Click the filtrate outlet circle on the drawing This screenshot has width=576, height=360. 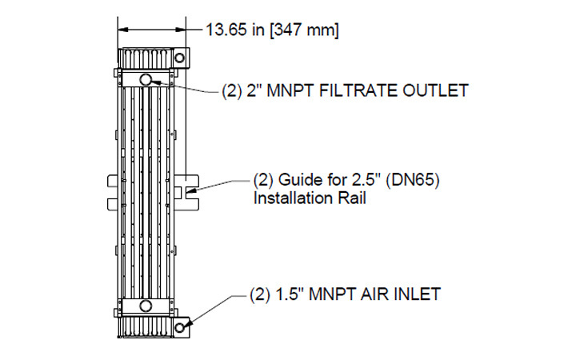pos(146,78)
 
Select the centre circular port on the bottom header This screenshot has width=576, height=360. pos(145,306)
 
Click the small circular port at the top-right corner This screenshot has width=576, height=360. pos(180,58)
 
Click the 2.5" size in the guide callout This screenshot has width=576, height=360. pos(366,180)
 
